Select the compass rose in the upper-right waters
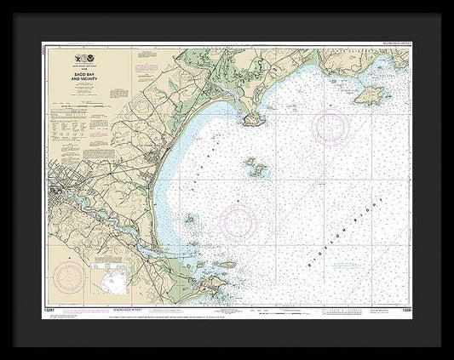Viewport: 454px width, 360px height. point(330,128)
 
